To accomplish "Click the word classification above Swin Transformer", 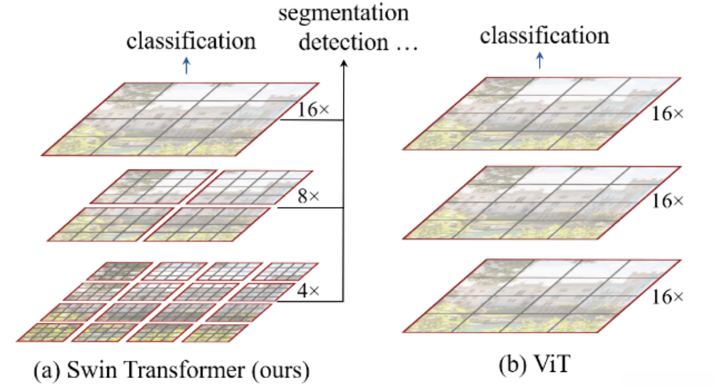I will pos(191,41).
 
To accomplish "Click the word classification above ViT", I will pos(545,36).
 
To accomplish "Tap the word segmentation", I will pos(344,12).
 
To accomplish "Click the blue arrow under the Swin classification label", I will pos(187,66).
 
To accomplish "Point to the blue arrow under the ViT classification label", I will pos(540,60).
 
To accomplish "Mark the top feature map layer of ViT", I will pos(542,113).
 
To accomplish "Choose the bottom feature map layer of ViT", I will pos(542,296).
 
